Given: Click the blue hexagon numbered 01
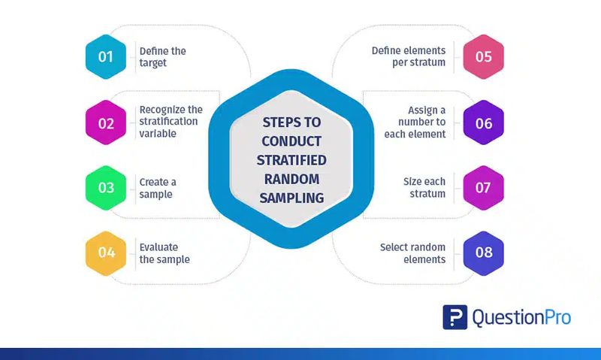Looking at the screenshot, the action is (106, 56).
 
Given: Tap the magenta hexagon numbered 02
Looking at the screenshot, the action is (106, 123).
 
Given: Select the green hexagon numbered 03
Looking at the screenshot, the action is (106, 188).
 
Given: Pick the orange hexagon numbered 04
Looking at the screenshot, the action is (106, 253).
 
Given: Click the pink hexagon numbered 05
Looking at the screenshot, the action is (483, 56).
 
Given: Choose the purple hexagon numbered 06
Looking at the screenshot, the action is (483, 123).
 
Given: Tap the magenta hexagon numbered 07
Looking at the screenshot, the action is (483, 188).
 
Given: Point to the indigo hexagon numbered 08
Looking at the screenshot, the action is (483, 253).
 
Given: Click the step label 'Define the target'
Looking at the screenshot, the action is (162, 56).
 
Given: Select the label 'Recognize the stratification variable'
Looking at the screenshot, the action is (171, 122).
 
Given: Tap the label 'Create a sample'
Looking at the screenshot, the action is (158, 188).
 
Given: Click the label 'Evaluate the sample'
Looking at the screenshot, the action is (165, 253).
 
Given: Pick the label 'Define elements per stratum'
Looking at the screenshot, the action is (409, 56).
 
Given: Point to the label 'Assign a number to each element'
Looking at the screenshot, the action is (415, 122).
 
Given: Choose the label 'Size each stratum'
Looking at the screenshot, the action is (424, 187).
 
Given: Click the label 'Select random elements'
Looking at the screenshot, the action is (412, 253).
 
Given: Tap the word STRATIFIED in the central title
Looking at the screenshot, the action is (291, 160).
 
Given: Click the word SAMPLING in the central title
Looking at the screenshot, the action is (291, 198).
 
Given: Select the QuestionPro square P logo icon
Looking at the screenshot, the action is (455, 317).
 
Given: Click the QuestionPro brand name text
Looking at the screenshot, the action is (521, 318).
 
